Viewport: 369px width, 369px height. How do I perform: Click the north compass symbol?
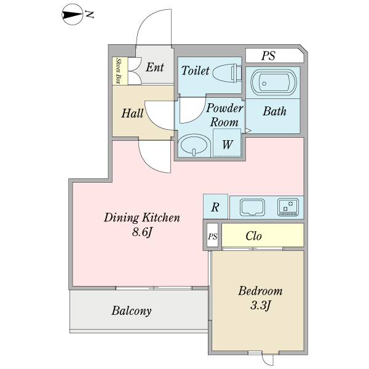pyautogui.click(x=72, y=15)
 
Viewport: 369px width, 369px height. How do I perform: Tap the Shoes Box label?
pyautogui.click(x=118, y=71)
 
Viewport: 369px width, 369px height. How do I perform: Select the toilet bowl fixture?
pyautogui.click(x=227, y=73)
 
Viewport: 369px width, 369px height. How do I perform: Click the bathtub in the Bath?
pyautogui.click(x=274, y=82)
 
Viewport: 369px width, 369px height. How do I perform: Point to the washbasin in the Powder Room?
pyautogui.click(x=194, y=145)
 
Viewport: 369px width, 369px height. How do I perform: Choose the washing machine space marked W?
pyautogui.click(x=227, y=143)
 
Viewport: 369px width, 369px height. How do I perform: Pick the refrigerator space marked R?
pyautogui.click(x=216, y=207)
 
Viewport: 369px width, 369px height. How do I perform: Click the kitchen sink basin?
pyautogui.click(x=252, y=207)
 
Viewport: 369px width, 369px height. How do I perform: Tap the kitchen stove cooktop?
pyautogui.click(x=288, y=207)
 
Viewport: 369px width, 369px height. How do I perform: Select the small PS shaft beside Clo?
pyautogui.click(x=213, y=235)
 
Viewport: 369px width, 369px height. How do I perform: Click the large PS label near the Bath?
pyautogui.click(x=269, y=56)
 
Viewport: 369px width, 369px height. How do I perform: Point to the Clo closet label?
pyautogui.click(x=253, y=236)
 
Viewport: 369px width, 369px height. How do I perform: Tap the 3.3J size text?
pyautogui.click(x=261, y=306)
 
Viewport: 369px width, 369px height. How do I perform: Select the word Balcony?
pyautogui.click(x=132, y=311)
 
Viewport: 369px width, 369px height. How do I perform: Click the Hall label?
pyautogui.click(x=132, y=113)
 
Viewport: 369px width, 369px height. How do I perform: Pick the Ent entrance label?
pyautogui.click(x=154, y=67)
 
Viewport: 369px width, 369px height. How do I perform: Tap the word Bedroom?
pyautogui.click(x=260, y=291)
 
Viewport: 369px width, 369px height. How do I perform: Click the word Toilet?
pyautogui.click(x=195, y=70)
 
